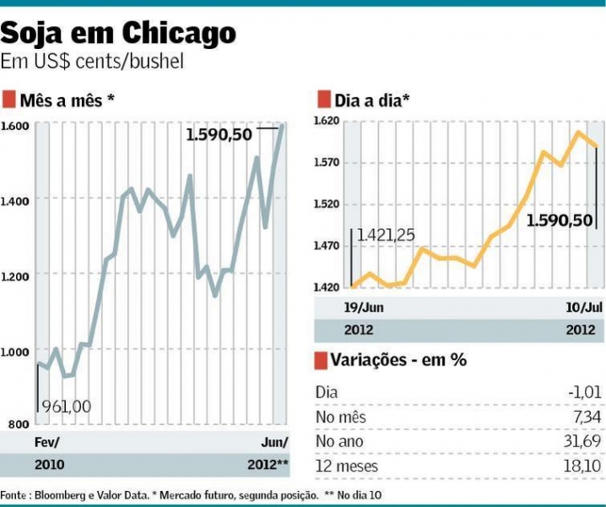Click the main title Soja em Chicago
pos(118,34)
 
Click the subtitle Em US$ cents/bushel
pos(92,63)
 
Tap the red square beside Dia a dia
pos(322,100)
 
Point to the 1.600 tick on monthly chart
pos(15,127)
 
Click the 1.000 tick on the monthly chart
pos(15,352)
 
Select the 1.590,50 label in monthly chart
pos(219,134)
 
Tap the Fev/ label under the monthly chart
pos(46,444)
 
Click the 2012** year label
pos(268,466)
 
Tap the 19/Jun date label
pos(341,307)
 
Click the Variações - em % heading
pos(399,360)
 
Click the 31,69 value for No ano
pos(582,441)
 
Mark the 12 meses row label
pos(347,466)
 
